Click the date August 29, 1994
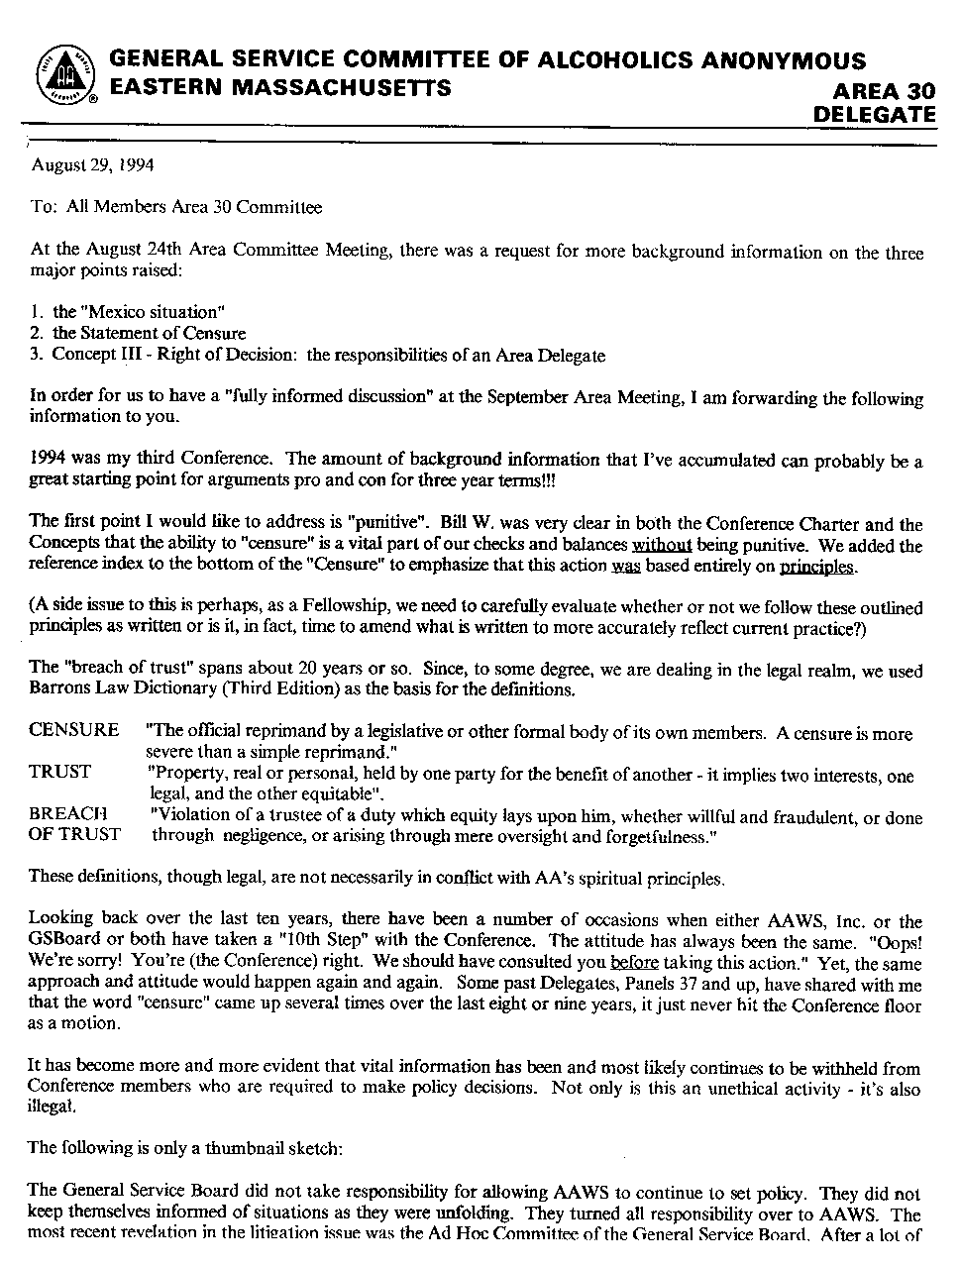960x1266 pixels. pos(92,165)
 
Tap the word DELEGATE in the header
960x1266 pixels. pos(873,114)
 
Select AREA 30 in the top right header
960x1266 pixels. pos(884,91)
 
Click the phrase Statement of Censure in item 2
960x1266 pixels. pos(162,334)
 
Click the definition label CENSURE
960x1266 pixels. pos(73,730)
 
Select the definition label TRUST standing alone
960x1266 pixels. pos(59,772)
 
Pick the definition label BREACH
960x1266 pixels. pos(67,813)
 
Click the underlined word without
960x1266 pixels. pos(662,545)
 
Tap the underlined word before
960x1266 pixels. pos(634,963)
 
